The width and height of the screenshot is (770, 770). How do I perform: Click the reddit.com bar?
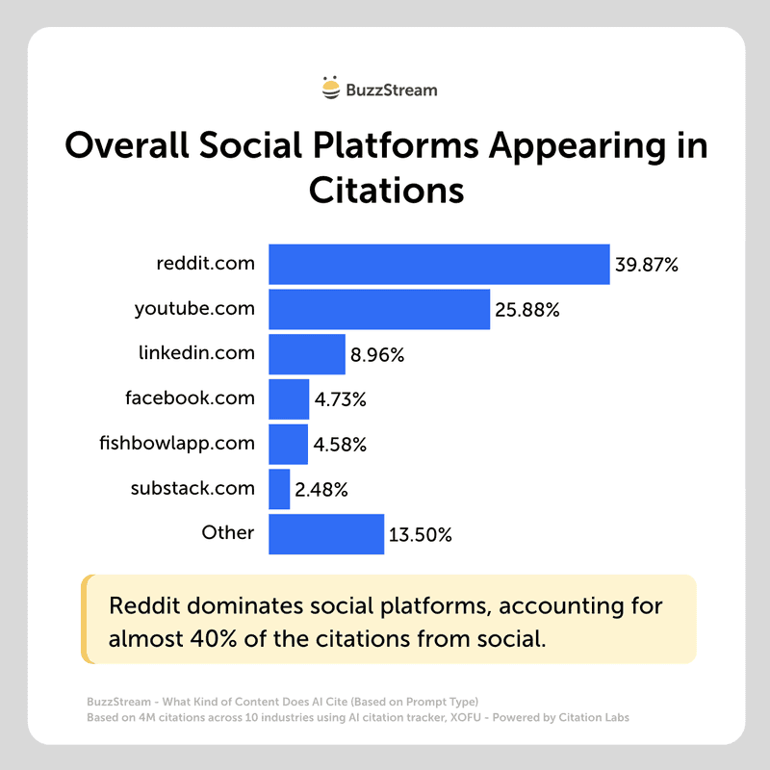439,264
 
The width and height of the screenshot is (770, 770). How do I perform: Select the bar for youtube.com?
379,309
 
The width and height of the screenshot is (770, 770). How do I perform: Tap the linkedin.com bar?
306,353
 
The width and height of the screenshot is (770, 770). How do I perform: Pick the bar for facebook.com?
289,398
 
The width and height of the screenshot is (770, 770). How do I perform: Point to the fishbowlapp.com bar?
288,444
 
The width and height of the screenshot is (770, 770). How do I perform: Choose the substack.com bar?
279,489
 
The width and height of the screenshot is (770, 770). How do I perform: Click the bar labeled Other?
326,533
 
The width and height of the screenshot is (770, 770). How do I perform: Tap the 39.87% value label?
648,266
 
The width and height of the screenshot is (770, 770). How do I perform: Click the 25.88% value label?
527,310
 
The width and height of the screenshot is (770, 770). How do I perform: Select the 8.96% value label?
377,355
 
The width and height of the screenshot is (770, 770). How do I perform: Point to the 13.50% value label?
420,535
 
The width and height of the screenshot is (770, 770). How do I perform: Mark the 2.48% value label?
321,490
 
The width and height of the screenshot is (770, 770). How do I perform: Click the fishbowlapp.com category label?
177,444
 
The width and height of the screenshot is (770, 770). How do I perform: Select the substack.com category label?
192,488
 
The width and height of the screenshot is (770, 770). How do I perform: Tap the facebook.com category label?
190,398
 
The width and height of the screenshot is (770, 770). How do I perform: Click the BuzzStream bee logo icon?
331,90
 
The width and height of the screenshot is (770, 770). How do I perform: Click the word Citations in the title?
386,188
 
